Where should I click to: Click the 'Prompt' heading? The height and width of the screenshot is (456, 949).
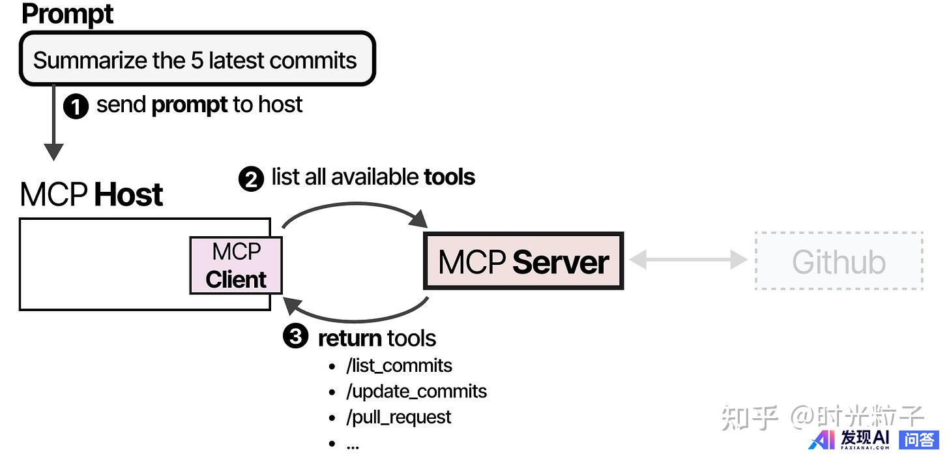click(x=67, y=14)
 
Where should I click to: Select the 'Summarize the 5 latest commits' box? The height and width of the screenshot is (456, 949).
click(x=197, y=59)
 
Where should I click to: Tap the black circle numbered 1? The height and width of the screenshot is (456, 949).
click(x=76, y=106)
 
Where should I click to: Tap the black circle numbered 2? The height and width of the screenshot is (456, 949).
click(x=251, y=178)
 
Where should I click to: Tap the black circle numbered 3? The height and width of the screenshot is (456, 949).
click(x=296, y=337)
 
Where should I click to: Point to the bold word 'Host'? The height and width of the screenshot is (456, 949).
click(x=128, y=195)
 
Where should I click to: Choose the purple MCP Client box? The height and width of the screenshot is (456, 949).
click(x=236, y=265)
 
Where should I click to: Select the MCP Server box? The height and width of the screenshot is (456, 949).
click(x=523, y=261)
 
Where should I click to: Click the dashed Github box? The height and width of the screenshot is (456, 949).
click(x=839, y=261)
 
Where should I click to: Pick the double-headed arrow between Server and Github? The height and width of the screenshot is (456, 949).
click(x=688, y=260)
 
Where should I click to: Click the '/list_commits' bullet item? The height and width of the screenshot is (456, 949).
click(x=399, y=365)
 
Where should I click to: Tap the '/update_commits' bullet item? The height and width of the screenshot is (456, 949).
click(x=416, y=391)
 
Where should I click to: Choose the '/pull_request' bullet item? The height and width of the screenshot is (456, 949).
click(x=398, y=417)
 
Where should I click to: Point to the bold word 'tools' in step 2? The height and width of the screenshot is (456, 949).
click(x=449, y=177)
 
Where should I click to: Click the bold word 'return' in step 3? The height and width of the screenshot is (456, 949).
click(x=349, y=338)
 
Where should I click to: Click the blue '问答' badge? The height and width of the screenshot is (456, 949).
click(x=918, y=440)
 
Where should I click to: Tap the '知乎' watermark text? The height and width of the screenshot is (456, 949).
click(x=750, y=417)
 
